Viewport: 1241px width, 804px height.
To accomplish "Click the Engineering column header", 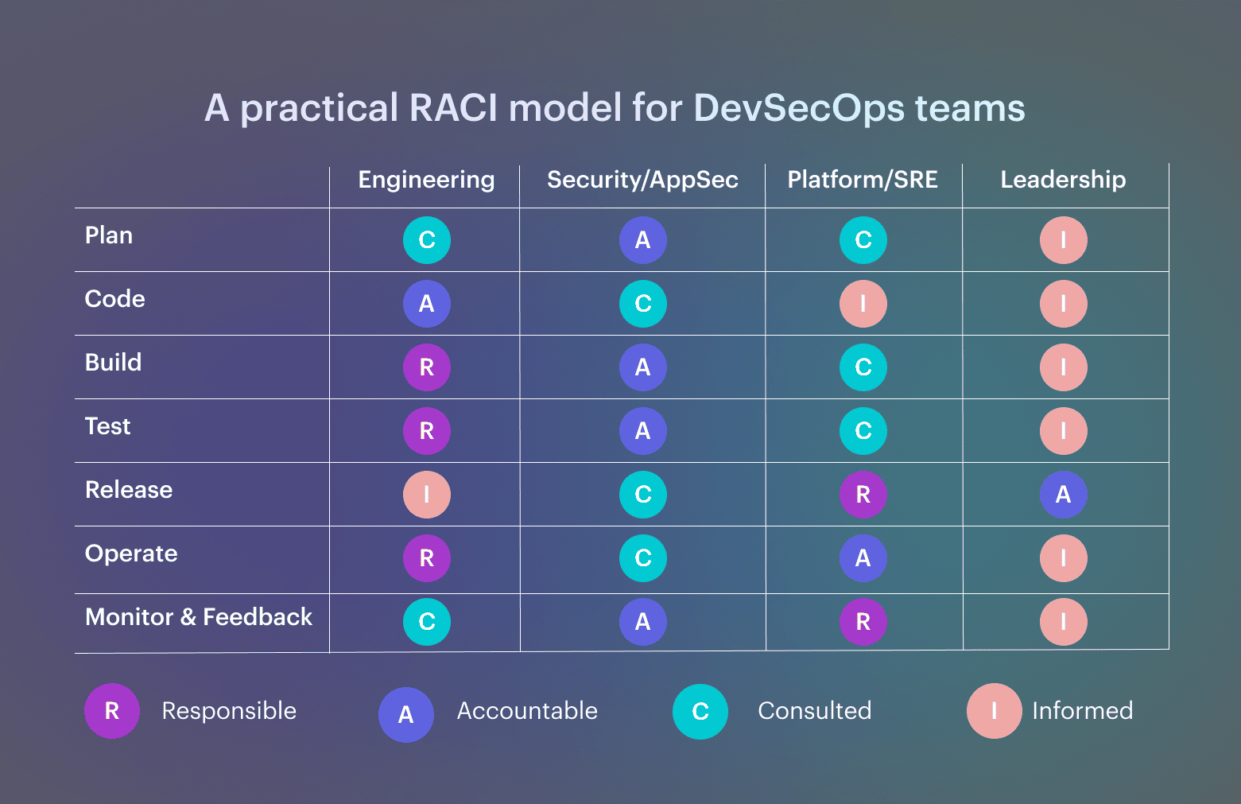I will click(x=426, y=180).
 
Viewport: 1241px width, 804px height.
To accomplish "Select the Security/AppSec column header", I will click(x=642, y=180).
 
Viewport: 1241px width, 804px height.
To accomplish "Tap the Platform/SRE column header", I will click(x=863, y=180).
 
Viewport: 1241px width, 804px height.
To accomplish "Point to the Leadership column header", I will click(x=1063, y=180).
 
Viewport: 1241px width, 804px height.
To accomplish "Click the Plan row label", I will click(x=109, y=235).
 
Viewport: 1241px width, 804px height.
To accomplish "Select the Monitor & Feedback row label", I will click(x=199, y=617).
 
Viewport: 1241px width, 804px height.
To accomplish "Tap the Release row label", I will click(x=129, y=490).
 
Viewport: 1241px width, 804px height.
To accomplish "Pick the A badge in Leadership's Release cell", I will click(x=1063, y=495).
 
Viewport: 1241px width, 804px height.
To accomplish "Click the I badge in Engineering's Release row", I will click(x=427, y=495).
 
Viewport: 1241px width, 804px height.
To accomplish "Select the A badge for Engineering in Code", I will click(x=427, y=304).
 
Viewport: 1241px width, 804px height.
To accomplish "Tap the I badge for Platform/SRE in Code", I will click(x=863, y=304).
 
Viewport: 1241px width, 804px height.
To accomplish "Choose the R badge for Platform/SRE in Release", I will click(x=863, y=495).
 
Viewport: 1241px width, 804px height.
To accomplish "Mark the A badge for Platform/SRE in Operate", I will click(x=863, y=558).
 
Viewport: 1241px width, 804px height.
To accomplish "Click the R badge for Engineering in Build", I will click(x=427, y=367).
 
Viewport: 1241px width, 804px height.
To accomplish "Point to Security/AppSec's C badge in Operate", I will click(x=643, y=558).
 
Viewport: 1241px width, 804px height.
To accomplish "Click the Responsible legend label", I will click(x=229, y=711).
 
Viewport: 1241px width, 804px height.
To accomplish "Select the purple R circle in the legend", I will click(x=112, y=711).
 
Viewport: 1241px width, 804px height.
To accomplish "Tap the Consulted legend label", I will click(x=815, y=711).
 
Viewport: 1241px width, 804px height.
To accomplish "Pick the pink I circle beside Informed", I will click(x=994, y=711).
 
